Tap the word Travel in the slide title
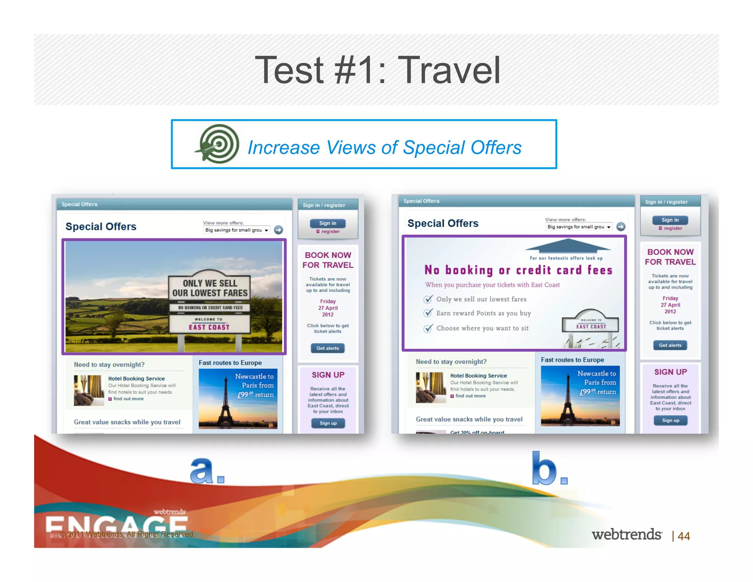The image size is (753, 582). pyautogui.click(x=449, y=70)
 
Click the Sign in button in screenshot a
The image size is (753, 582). pyautogui.click(x=327, y=223)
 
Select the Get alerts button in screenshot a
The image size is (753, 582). pyautogui.click(x=328, y=348)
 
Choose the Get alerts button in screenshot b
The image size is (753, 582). pyautogui.click(x=670, y=345)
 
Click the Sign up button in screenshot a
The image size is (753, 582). pyautogui.click(x=328, y=423)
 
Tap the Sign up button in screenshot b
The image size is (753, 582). pyautogui.click(x=670, y=420)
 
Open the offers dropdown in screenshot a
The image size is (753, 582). pyautogui.click(x=237, y=230)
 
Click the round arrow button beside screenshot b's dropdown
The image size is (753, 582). pyautogui.click(x=621, y=227)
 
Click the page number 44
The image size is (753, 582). pyautogui.click(x=684, y=536)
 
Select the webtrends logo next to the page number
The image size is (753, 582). pyautogui.click(x=627, y=535)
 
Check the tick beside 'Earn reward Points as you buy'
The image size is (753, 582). pyautogui.click(x=428, y=313)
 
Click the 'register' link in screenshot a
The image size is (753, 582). pyautogui.click(x=330, y=231)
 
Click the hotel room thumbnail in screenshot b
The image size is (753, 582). pyautogui.click(x=431, y=387)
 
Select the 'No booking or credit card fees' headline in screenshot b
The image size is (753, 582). pyautogui.click(x=518, y=270)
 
